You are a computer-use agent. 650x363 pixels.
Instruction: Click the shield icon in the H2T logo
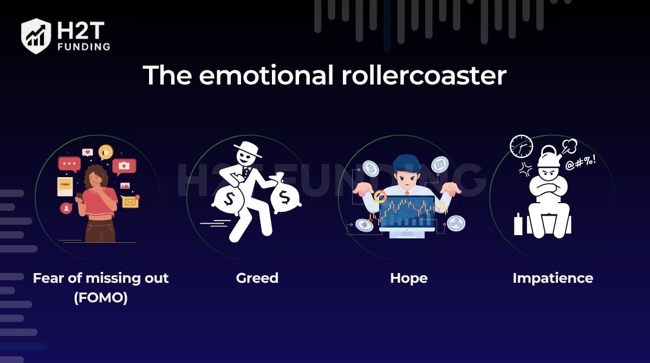36,36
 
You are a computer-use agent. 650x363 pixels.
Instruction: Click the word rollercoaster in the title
424,75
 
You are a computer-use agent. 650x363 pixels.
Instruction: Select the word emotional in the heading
265,75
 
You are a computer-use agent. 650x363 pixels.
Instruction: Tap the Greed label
257,278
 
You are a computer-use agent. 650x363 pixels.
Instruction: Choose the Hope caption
408,278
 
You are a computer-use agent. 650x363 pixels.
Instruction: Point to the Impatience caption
552,278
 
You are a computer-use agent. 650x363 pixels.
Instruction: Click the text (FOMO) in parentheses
101,298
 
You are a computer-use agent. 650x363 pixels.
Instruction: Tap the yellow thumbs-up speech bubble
106,152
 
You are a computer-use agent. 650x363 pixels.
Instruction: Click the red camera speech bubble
125,166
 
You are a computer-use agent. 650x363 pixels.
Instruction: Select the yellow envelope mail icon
130,202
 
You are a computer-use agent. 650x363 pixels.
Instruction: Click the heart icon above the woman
87,153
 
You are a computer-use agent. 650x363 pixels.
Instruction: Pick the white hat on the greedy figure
250,148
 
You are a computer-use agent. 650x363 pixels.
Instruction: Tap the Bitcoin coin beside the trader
370,168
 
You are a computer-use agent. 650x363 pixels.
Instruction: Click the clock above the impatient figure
521,146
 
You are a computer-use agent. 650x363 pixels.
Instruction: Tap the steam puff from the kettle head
569,146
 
